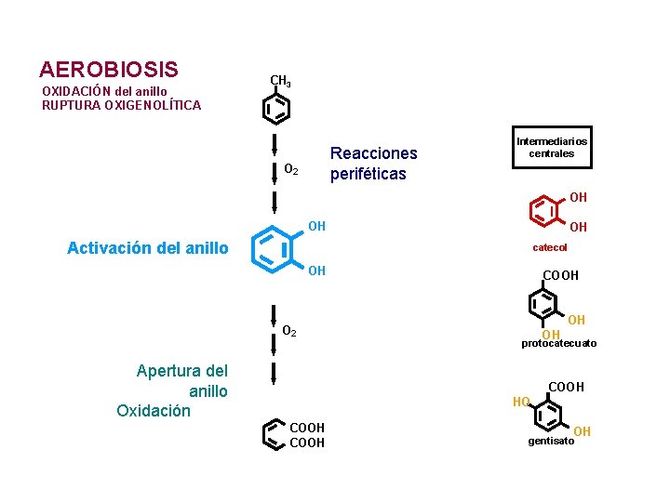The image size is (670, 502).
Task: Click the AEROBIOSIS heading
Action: click(109, 70)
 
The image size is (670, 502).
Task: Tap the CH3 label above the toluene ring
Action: click(280, 81)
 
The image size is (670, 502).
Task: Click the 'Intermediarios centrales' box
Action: click(551, 148)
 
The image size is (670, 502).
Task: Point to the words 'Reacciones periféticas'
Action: click(374, 163)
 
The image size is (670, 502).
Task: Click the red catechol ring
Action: click(547, 212)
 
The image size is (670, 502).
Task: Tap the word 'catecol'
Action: click(549, 247)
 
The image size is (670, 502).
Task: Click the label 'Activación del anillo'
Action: click(147, 248)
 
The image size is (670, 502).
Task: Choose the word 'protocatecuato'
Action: click(558, 343)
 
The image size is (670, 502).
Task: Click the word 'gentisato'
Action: click(551, 441)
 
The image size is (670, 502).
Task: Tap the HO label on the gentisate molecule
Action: click(521, 402)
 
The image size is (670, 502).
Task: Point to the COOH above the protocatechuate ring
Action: click(560, 275)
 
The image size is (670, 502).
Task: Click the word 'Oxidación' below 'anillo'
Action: click(154, 410)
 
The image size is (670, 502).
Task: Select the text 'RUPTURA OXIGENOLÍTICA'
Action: click(121, 105)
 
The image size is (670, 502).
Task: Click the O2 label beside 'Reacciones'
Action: click(290, 170)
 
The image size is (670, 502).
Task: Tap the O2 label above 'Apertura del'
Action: click(289, 331)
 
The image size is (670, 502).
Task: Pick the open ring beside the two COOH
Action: click(273, 434)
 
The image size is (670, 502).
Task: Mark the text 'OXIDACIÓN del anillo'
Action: click(104, 91)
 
